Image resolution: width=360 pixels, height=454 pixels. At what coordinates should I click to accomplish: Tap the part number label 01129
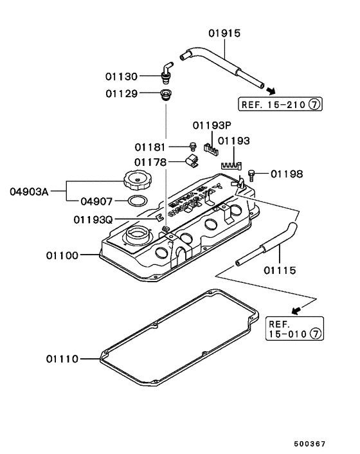122,94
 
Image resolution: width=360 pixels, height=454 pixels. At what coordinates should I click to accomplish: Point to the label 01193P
210,125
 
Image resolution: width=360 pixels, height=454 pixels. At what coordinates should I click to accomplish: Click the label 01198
286,174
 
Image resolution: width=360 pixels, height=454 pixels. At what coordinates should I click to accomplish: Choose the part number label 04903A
28,191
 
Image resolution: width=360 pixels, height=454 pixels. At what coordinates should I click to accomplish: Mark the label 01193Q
92,219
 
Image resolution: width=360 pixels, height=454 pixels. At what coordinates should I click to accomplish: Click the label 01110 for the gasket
62,358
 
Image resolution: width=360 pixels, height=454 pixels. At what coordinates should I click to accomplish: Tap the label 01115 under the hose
280,271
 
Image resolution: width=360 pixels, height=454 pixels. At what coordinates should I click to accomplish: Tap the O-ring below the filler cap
136,201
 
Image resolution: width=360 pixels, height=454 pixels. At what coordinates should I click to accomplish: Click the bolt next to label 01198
251,173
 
